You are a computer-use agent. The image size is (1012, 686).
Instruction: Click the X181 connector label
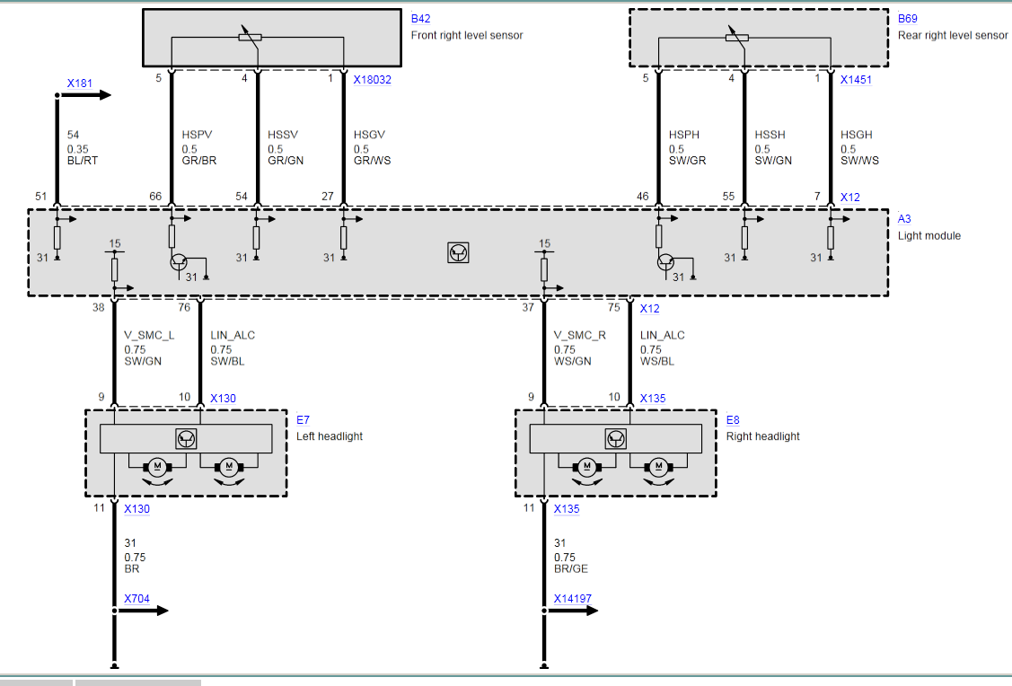point(80,84)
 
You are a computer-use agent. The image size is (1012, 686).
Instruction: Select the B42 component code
point(419,18)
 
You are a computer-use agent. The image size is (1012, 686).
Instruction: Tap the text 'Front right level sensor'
point(466,36)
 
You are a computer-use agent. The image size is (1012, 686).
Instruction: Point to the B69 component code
point(907,18)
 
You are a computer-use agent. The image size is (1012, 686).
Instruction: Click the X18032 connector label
point(372,79)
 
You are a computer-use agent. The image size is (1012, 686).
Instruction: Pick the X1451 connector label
point(856,79)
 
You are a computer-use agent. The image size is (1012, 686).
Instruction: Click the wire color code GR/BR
point(198,162)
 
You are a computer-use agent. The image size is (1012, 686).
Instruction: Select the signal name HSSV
point(282,136)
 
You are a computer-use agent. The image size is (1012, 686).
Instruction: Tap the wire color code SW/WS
point(859,162)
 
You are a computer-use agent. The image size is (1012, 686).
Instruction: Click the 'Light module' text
point(928,236)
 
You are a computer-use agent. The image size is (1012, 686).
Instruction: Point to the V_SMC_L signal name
point(149,336)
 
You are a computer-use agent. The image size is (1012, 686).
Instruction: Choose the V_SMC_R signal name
point(580,336)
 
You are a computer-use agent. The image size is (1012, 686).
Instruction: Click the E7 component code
point(303,419)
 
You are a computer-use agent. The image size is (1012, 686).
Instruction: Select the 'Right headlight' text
point(762,436)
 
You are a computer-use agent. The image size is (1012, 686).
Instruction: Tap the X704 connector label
point(137,599)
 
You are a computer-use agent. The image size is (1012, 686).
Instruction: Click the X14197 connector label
point(573,599)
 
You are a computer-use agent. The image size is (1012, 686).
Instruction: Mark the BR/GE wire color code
point(570,569)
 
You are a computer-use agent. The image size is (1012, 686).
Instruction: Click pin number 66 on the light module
point(154,196)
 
